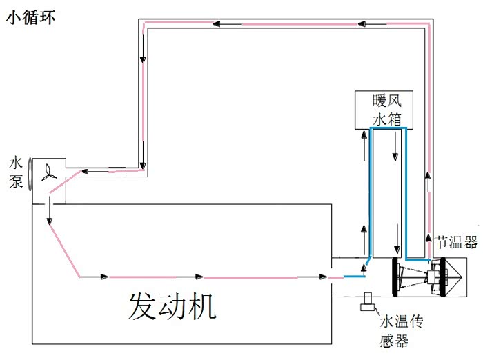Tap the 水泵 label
tap(17, 173)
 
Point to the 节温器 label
tap(456, 243)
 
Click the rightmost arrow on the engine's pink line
tap(322, 277)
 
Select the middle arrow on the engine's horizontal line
tap(199, 277)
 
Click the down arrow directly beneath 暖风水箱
tap(395, 154)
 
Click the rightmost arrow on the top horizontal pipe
tap(362, 25)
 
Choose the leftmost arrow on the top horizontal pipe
tap(217, 25)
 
